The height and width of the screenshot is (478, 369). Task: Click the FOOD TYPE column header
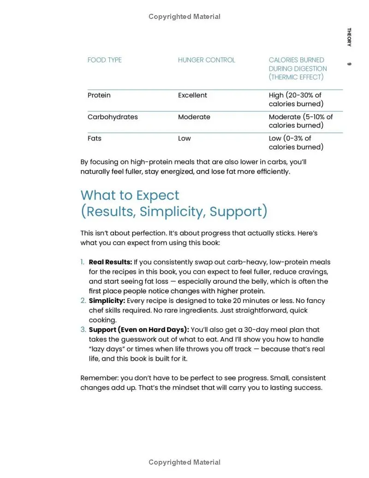(x=105, y=60)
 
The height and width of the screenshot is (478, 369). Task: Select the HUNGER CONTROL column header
(x=206, y=60)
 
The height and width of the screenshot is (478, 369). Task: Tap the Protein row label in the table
(x=99, y=95)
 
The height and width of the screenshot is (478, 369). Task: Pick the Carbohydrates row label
(x=113, y=117)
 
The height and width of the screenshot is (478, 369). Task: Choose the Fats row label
(x=95, y=138)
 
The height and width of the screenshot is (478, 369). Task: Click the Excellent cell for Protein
(x=192, y=95)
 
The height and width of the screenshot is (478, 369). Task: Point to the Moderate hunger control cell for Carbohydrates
(x=194, y=117)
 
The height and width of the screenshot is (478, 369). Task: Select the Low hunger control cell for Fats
(x=184, y=138)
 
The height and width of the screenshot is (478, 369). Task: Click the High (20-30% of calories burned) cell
(x=296, y=99)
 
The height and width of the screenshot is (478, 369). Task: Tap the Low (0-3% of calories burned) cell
(x=296, y=142)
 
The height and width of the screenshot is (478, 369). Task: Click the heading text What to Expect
(x=130, y=195)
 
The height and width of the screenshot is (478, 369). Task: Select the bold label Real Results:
(x=110, y=262)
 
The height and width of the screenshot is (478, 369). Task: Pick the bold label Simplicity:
(x=107, y=301)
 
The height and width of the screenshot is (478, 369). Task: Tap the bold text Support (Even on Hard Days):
(x=138, y=330)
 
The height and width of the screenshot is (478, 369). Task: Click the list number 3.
(x=83, y=330)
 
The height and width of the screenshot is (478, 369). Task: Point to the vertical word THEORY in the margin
(x=349, y=37)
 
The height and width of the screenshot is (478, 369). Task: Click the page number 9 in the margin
(x=349, y=64)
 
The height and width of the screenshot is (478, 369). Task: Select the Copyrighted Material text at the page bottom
(x=184, y=462)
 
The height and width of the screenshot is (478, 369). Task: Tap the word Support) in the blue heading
(x=238, y=212)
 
